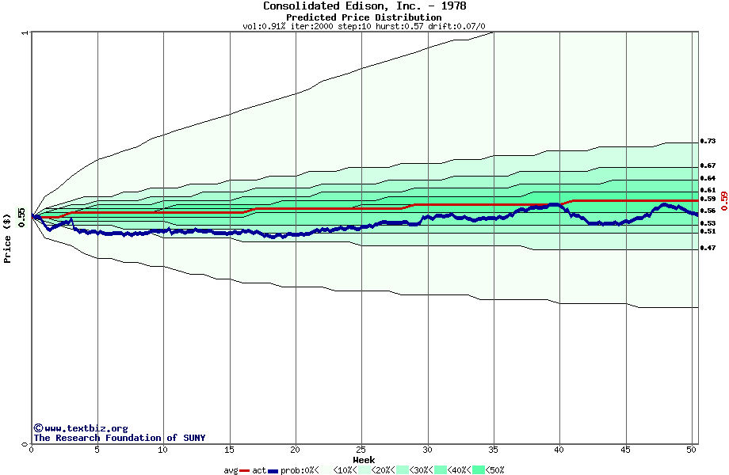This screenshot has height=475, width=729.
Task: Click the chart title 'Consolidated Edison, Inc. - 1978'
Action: (x=364, y=6)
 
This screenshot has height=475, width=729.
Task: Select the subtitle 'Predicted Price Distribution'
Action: (x=364, y=17)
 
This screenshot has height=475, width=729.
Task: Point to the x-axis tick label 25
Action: (x=361, y=450)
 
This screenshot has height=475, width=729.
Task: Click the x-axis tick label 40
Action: (x=559, y=450)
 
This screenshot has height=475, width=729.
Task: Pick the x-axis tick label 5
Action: (x=97, y=450)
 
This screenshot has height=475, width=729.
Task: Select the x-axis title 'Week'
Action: (x=364, y=459)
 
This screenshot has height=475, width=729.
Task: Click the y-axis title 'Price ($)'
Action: (x=7, y=237)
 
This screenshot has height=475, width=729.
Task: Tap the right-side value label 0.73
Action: (x=708, y=141)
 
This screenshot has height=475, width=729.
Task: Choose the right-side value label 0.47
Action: (x=708, y=249)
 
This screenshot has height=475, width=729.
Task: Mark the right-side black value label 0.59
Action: (x=708, y=199)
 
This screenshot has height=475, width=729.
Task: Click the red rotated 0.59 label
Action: (x=723, y=201)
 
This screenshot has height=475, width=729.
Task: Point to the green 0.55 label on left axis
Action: (x=21, y=217)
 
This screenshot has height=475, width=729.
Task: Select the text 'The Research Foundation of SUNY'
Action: (x=119, y=438)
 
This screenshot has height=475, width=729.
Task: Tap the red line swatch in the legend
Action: (x=245, y=471)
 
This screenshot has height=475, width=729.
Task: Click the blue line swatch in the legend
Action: (x=273, y=471)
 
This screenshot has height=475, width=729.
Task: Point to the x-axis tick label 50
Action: (x=692, y=450)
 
